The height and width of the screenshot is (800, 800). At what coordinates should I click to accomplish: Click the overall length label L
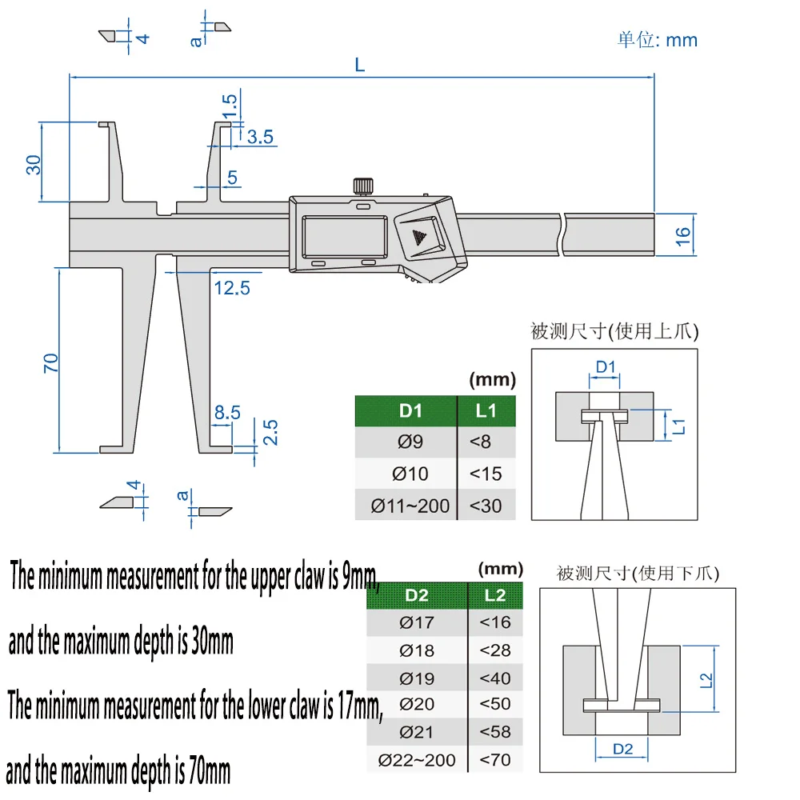pyautogui.click(x=360, y=65)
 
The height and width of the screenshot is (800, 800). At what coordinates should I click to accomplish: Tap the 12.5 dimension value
pyautogui.click(x=232, y=288)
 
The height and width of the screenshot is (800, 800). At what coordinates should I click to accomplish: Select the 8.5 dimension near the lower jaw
pyautogui.click(x=227, y=412)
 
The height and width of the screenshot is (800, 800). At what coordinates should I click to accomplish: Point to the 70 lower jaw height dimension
pyautogui.click(x=50, y=362)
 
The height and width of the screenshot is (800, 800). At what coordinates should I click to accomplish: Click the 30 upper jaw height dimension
pyautogui.click(x=33, y=165)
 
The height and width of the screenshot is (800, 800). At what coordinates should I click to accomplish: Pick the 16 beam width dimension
pyautogui.click(x=682, y=236)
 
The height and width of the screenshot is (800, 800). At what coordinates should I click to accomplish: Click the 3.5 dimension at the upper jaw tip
pyautogui.click(x=260, y=137)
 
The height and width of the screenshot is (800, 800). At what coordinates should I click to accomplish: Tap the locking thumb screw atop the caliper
pyautogui.click(x=362, y=186)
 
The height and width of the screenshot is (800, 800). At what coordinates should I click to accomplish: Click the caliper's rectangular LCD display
pyautogui.click(x=344, y=236)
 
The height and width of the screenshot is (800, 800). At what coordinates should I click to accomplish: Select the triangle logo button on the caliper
pyautogui.click(x=419, y=236)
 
